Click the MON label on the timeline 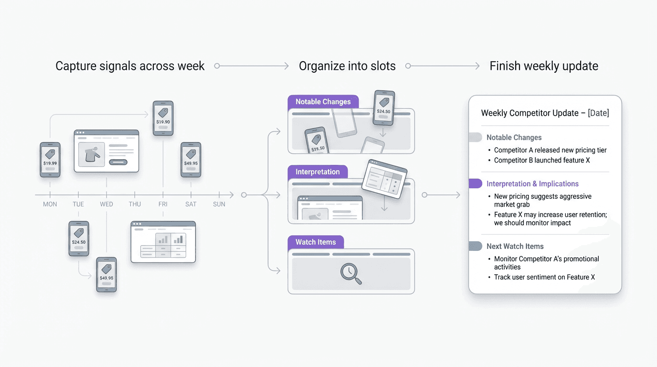[x=50, y=204]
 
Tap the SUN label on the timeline [x=219, y=204]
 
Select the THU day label [x=135, y=204]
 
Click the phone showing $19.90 [x=163, y=118]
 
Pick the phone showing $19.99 [x=50, y=160]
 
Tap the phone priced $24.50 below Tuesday [x=79, y=238]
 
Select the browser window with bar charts [x=163, y=242]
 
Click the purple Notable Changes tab [x=323, y=102]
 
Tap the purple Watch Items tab [x=315, y=242]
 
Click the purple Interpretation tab [x=318, y=172]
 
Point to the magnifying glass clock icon [x=350, y=273]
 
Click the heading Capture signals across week [x=130, y=66]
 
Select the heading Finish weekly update [x=544, y=66]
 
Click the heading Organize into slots [x=347, y=66]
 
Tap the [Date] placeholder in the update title [x=598, y=113]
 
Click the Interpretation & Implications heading [x=532, y=184]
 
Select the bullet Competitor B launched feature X [x=542, y=161]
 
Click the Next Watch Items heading [x=515, y=247]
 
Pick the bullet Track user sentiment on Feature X [x=544, y=277]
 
